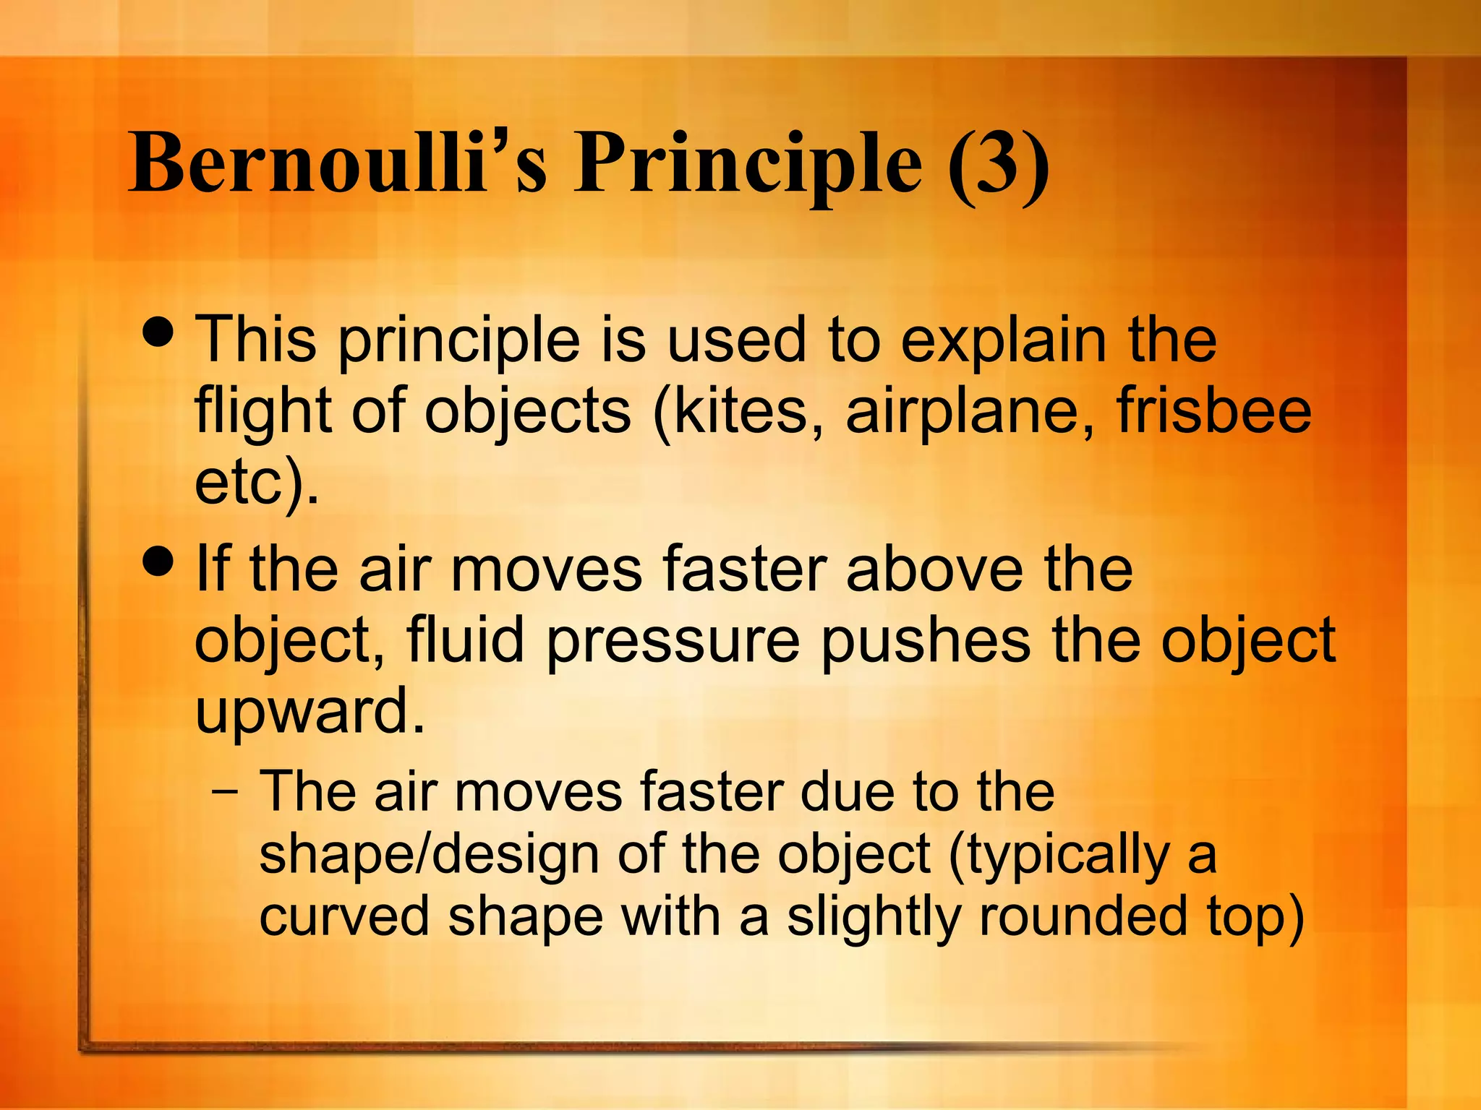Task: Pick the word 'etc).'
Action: click(257, 483)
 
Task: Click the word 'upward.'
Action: click(310, 713)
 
